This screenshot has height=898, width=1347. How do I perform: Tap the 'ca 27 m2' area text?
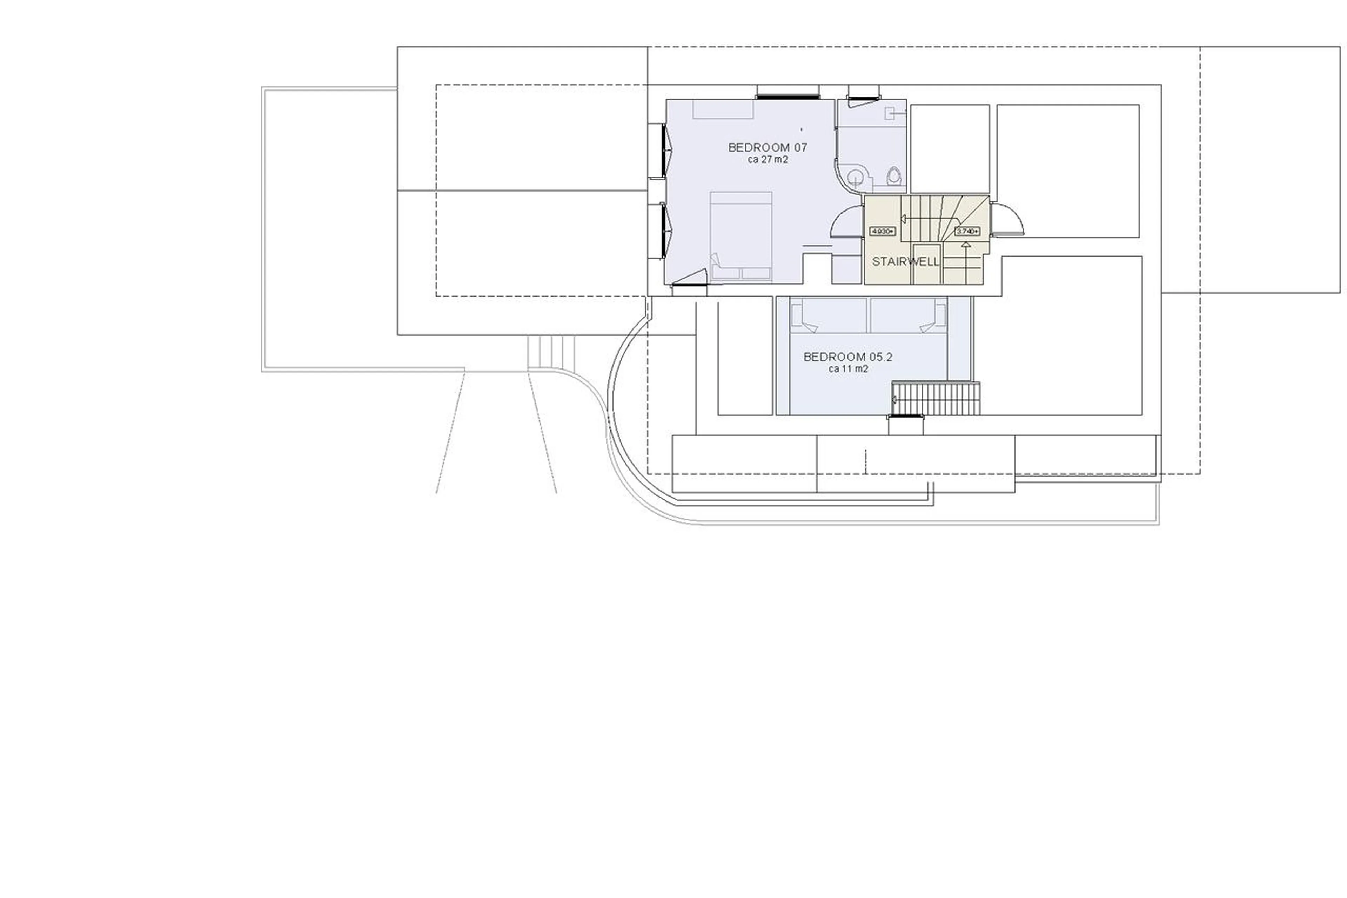coord(767,160)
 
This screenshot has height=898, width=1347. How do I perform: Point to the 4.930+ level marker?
coord(882,231)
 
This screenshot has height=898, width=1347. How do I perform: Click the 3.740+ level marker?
coord(967,231)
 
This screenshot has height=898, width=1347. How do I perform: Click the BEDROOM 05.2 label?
coord(848,357)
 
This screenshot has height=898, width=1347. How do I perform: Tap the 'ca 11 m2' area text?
coord(848,369)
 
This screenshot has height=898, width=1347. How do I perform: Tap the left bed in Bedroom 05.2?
coord(828,314)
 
